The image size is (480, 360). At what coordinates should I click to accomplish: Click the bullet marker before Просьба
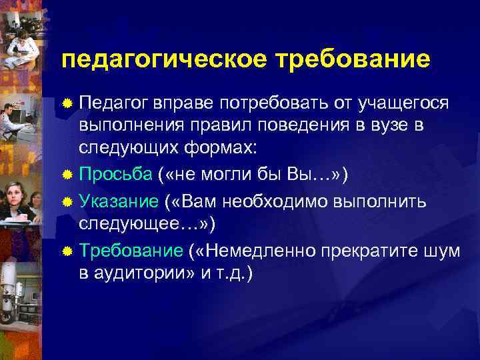(x=67, y=175)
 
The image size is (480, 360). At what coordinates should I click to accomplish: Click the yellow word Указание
(x=119, y=201)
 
